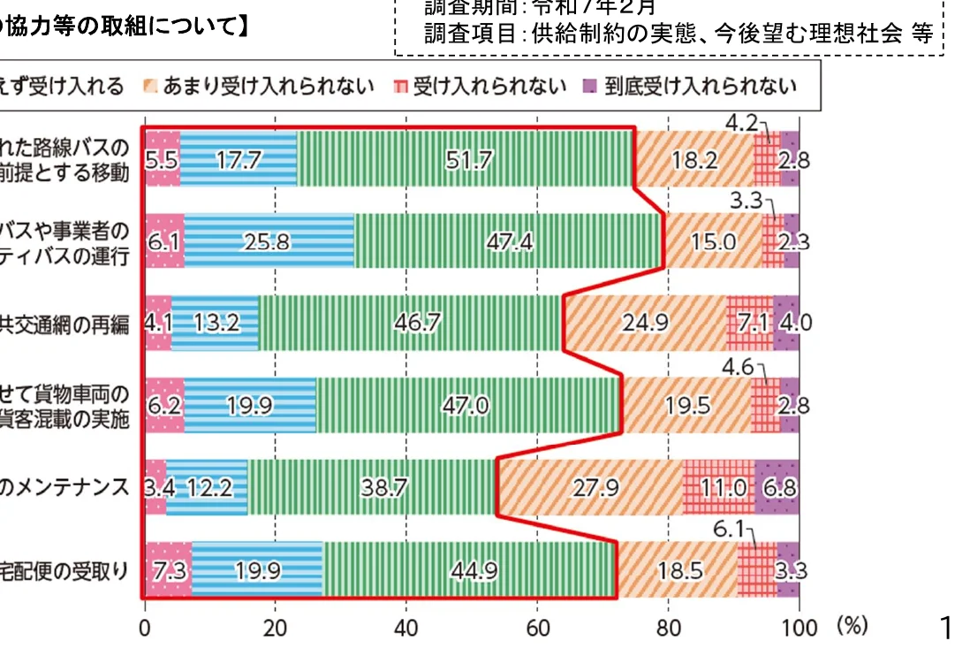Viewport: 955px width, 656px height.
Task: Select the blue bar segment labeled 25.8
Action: [x=269, y=241]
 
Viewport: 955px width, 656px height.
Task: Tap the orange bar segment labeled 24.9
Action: [x=645, y=323]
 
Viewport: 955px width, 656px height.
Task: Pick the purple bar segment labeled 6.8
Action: [x=777, y=487]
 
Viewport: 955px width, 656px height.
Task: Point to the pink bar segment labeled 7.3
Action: [x=168, y=570]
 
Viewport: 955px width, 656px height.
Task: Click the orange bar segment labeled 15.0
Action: [x=713, y=241]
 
